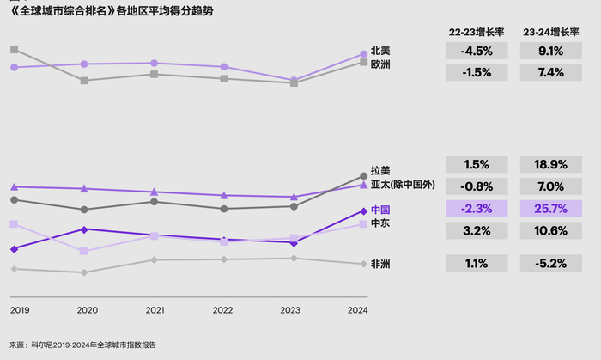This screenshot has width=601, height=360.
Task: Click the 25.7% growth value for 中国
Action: (x=551, y=209)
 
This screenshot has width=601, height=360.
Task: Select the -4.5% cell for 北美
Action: (x=475, y=51)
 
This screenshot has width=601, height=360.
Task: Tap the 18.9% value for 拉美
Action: (x=551, y=164)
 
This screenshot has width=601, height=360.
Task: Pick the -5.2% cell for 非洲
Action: (x=551, y=264)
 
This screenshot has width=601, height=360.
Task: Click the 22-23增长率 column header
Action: (x=476, y=32)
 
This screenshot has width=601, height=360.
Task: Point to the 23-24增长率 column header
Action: (x=551, y=32)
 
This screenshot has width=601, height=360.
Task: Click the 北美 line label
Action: (x=380, y=51)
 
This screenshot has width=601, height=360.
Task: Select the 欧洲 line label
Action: (x=380, y=64)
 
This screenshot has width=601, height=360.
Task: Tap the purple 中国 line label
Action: (x=380, y=210)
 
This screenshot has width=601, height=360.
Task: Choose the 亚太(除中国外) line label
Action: (x=403, y=184)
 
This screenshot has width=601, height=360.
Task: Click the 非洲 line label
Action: (x=380, y=264)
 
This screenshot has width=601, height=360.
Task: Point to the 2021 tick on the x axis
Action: (x=155, y=310)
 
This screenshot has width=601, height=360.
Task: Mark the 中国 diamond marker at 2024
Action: (x=362, y=211)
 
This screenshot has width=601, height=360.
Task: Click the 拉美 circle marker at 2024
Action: (x=362, y=177)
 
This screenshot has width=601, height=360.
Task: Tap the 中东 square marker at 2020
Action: (x=83, y=252)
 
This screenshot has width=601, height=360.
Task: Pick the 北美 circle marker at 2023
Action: (x=294, y=80)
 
